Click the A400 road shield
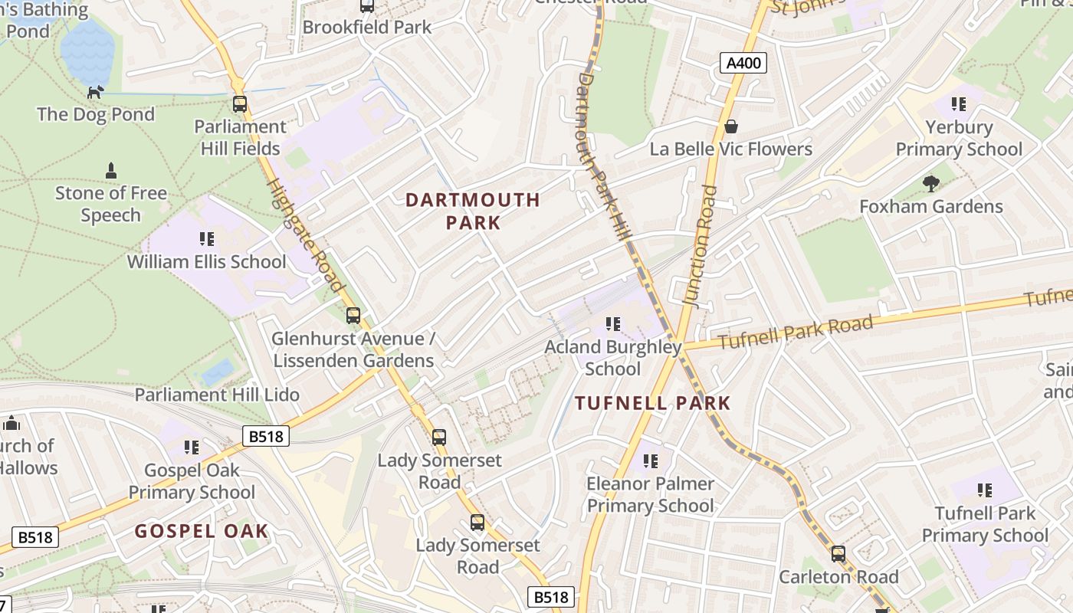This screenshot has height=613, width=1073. point(743,63)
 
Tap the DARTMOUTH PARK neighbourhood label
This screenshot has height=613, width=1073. point(473,211)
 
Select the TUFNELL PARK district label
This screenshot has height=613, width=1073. point(653,403)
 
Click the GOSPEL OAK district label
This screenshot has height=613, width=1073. point(202,531)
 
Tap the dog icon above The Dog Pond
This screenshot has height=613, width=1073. point(95,93)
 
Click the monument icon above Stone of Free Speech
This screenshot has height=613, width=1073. point(111,170)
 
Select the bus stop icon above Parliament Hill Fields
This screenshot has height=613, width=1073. point(240,104)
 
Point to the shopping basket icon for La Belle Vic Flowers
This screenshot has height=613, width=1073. point(731,126)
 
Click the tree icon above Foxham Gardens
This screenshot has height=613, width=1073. point(931,184)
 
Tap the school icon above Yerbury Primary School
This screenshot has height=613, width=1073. point(958,104)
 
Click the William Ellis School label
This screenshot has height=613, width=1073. point(206,261)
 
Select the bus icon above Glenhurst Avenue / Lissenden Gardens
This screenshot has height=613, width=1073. point(353,315)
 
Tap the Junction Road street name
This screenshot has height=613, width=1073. point(699,245)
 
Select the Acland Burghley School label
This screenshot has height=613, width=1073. point(612,358)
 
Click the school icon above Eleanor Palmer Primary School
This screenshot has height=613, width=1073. point(650,461)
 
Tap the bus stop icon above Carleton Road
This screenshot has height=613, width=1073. point(838,553)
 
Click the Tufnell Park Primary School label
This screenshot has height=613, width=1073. point(985,524)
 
